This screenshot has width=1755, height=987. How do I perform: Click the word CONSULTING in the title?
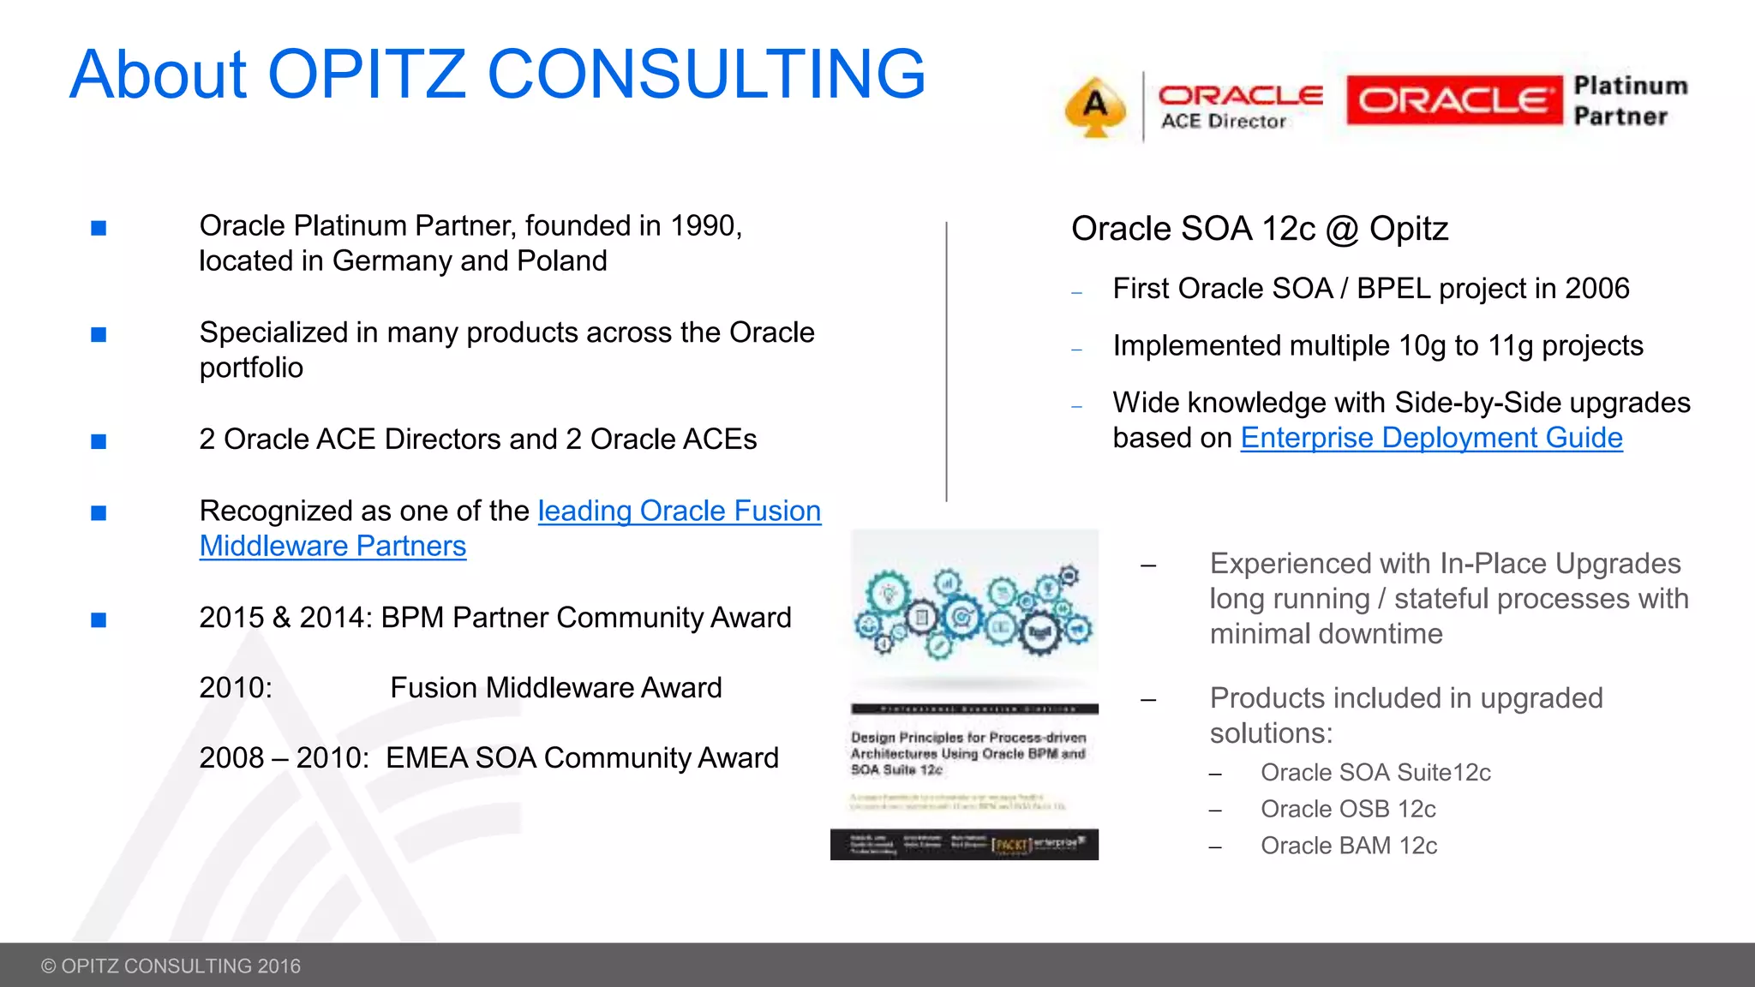click(x=706, y=75)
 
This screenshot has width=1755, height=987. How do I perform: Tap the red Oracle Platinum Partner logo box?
click(x=1453, y=100)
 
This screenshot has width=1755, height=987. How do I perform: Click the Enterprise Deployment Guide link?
click(x=1431, y=438)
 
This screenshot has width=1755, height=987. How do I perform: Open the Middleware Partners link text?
click(x=332, y=546)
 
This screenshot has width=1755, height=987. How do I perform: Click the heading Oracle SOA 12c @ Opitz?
click(x=1259, y=229)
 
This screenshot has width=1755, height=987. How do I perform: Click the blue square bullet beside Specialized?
click(x=99, y=334)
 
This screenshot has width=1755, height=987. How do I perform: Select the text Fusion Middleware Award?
click(x=555, y=688)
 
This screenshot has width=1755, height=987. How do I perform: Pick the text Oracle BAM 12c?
click(x=1349, y=846)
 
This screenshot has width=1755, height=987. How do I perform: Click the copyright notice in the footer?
click(x=171, y=966)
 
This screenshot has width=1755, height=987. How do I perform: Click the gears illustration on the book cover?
click(x=973, y=613)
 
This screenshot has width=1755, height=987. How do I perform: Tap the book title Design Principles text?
click(x=967, y=753)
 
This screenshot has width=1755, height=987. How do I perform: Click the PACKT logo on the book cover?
click(x=1009, y=845)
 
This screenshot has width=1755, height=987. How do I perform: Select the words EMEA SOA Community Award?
click(x=582, y=758)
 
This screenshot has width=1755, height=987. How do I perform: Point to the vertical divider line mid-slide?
click(x=946, y=360)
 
